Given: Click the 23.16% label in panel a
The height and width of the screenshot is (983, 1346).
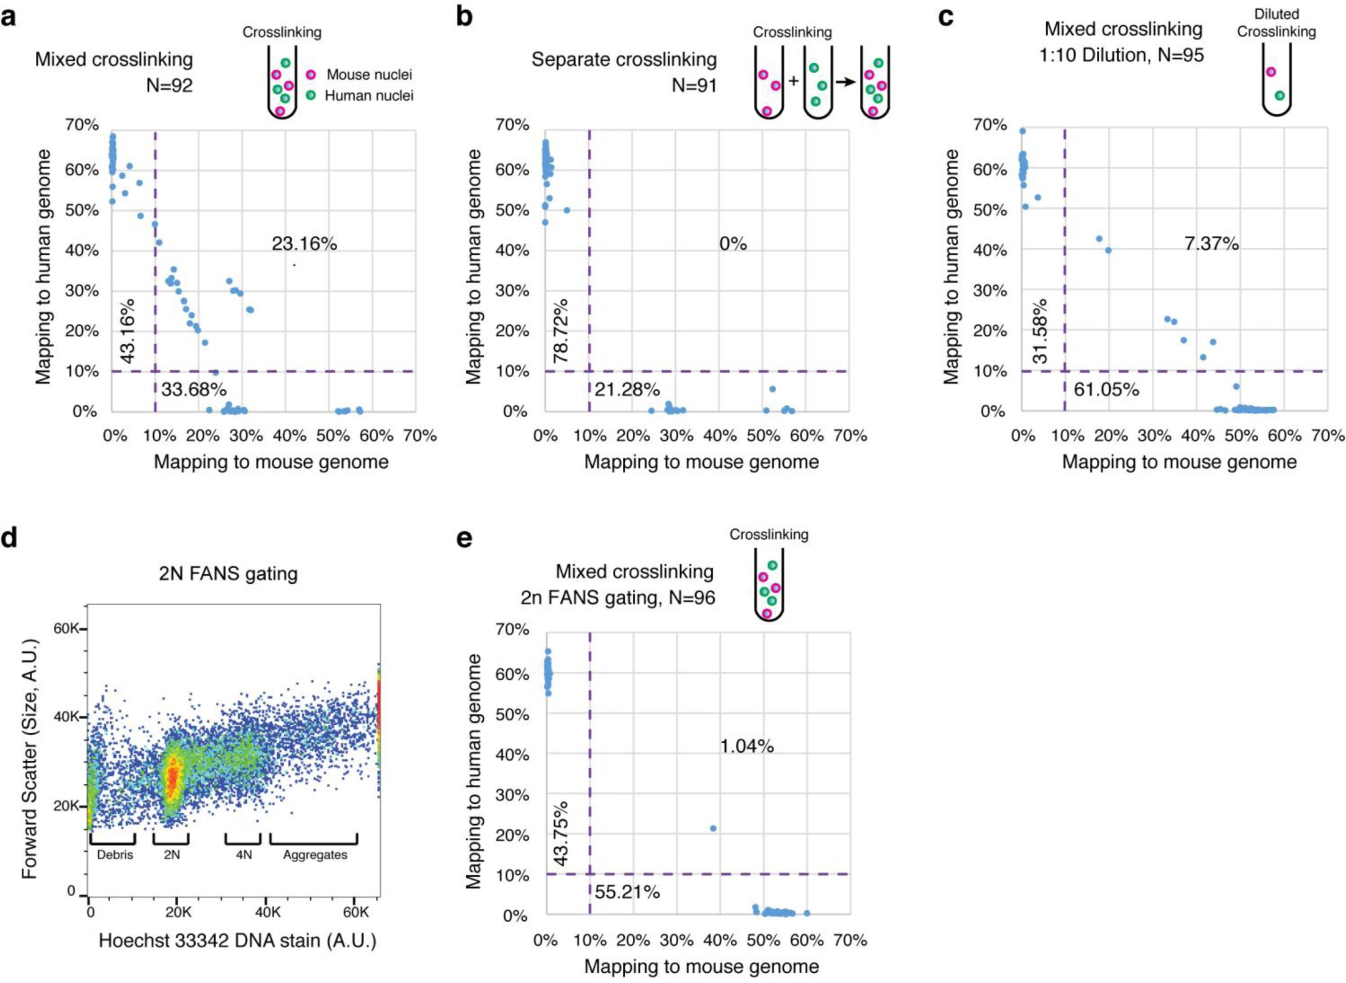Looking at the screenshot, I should (304, 243).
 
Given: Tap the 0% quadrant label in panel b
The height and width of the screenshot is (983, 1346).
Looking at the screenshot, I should (732, 243).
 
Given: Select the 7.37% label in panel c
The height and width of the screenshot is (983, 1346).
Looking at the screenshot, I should (1212, 243).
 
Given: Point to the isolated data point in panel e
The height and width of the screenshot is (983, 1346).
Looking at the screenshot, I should (713, 828).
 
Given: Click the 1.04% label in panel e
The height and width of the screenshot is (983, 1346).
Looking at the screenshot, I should (747, 745).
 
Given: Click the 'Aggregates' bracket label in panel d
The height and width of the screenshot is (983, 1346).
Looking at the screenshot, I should (315, 854).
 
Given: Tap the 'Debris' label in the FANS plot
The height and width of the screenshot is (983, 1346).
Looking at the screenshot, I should (115, 854).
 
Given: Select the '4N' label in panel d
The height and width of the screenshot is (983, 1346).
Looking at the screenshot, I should (244, 854).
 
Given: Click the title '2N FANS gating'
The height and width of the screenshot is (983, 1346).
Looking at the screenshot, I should (229, 573).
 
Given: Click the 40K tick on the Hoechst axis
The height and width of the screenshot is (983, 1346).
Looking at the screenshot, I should (266, 912).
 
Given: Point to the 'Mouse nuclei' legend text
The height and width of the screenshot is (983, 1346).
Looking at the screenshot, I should (369, 75).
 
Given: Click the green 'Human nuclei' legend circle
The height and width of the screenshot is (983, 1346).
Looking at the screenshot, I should (311, 95).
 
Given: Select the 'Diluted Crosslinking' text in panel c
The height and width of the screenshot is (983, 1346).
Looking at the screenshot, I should (1276, 23).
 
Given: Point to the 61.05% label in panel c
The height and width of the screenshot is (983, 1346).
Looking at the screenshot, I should (1106, 390).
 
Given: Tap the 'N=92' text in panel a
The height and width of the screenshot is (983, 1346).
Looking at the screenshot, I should (170, 86).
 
